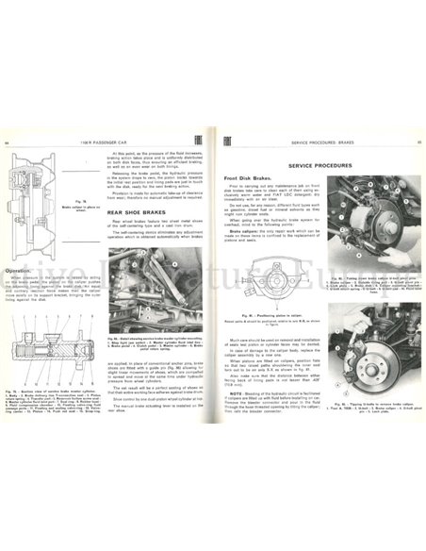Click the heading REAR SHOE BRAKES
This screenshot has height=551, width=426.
tap(151, 214)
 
